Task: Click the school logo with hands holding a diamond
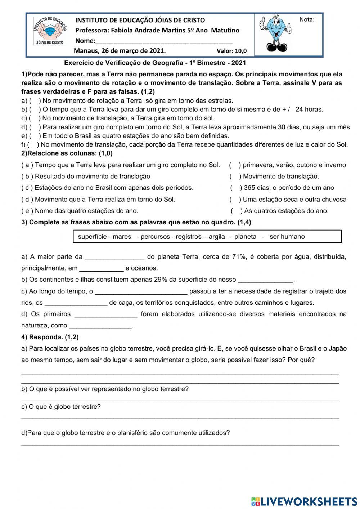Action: coord(50,31)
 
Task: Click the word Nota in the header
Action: coord(307,20)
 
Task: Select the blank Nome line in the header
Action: coord(164,41)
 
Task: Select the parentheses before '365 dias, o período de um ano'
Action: coord(236,188)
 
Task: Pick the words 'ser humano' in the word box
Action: coord(287,237)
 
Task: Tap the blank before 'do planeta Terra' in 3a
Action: coord(114,257)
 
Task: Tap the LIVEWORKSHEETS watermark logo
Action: coord(304,501)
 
